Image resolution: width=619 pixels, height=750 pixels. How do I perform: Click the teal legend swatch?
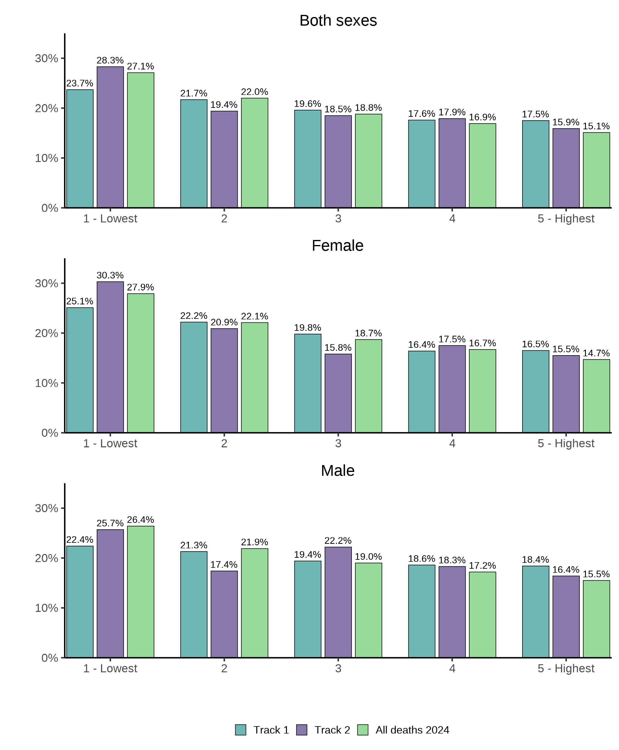[x=241, y=730]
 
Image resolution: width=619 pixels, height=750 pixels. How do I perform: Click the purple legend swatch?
[x=302, y=730]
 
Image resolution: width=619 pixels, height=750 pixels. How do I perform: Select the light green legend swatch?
[x=363, y=730]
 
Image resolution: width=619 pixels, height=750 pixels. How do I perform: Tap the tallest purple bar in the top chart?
[x=110, y=137]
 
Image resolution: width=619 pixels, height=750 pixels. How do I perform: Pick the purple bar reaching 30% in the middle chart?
[x=110, y=357]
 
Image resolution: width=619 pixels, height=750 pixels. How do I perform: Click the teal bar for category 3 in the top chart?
[x=308, y=159]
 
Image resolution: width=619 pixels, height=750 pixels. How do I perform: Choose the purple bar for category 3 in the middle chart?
[x=338, y=393]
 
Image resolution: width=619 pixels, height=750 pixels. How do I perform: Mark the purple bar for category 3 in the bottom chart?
[x=338, y=602]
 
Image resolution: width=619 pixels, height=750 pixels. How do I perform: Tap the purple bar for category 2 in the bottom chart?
[x=224, y=614]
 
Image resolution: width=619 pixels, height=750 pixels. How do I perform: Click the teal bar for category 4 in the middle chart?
[x=422, y=392]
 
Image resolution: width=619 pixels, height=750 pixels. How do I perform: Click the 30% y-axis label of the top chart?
[x=46, y=58]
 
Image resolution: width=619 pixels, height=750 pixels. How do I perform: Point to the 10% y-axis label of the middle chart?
[x=46, y=383]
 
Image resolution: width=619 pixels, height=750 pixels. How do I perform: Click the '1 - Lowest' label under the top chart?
[x=110, y=219]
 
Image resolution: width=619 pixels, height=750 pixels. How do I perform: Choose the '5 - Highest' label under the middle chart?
[x=566, y=443]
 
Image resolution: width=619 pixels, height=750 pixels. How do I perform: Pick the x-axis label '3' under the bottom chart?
[x=338, y=668]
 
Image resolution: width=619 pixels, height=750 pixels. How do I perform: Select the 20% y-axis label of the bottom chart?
[x=46, y=558]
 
